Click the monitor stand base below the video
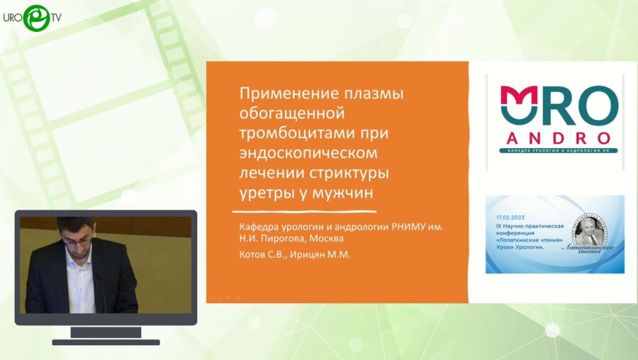[x=106, y=341]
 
